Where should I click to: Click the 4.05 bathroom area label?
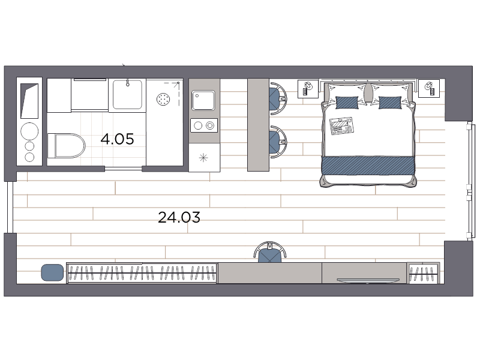[117, 139]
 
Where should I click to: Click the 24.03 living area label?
[179, 217]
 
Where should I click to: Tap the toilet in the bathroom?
[66, 145]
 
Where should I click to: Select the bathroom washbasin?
[127, 94]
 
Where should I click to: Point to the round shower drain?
[163, 99]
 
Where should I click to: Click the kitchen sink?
[203, 100]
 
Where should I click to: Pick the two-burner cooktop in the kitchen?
[204, 125]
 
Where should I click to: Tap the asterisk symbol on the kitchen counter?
[203, 158]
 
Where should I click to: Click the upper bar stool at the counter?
[278, 98]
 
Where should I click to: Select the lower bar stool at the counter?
[278, 142]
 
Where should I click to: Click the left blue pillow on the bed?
[347, 103]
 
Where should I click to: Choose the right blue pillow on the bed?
[390, 103]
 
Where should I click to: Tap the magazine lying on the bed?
[341, 125]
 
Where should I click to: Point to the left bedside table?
[308, 89]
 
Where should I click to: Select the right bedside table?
[429, 88]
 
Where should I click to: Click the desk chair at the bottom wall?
[269, 252]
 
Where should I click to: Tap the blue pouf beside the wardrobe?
[52, 272]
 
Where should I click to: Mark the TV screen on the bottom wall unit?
[368, 280]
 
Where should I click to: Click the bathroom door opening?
[124, 169]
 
